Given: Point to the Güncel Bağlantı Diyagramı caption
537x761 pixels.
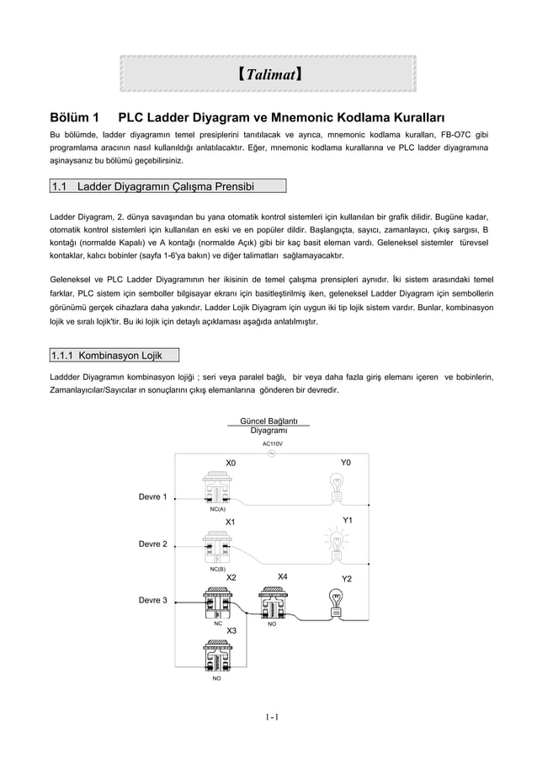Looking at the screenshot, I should (x=269, y=426).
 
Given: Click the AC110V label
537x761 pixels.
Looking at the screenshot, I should (x=272, y=443).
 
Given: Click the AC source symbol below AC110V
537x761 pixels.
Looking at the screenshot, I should (x=272, y=454).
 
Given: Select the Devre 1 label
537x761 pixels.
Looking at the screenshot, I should (x=152, y=496).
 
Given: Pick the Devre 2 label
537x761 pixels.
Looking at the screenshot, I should (x=152, y=544).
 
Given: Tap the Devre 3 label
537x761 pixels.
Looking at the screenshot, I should (x=152, y=600).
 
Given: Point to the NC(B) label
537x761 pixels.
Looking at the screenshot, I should (x=217, y=570).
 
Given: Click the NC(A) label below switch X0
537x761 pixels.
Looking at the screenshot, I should (x=217, y=509).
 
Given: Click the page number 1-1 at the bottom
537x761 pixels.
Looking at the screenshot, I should (x=271, y=718).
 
